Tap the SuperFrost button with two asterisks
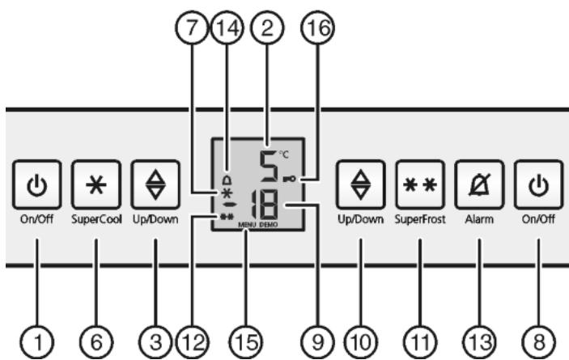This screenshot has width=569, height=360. click(420, 185)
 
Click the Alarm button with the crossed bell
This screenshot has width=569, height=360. click(479, 185)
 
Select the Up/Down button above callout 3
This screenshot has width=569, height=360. click(155, 185)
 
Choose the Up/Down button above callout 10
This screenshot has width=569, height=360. click(360, 185)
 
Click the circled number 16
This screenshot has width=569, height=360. click(317, 28)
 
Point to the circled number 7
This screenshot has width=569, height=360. click(192, 28)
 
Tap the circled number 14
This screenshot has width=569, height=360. click(227, 28)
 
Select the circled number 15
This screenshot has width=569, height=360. click(246, 342)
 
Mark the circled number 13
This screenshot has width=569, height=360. click(479, 342)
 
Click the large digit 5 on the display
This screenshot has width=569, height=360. click(269, 166)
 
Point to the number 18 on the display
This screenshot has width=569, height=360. click(265, 205)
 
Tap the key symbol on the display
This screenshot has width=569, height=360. click(289, 178)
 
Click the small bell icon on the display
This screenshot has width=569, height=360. click(227, 180)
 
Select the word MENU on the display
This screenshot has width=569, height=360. click(247, 225)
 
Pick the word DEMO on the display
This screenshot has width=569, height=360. click(269, 225)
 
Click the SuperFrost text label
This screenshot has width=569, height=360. click(420, 219)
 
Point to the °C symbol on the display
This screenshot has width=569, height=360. click(284, 155)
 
